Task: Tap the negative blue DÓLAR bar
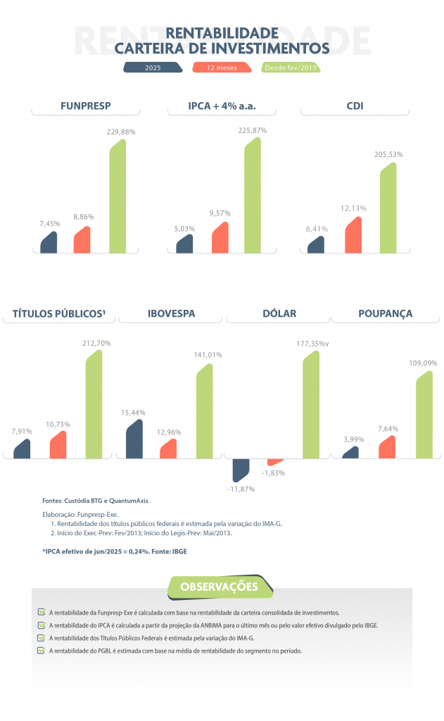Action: [x=241, y=470]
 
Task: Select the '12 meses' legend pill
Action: [x=222, y=68]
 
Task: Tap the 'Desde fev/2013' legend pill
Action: [x=291, y=68]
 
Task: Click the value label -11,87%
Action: [x=241, y=489]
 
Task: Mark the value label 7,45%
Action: [x=49, y=223]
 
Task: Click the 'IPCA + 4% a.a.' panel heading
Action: [x=222, y=107]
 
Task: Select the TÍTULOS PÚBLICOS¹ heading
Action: [x=59, y=314]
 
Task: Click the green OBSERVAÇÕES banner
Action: [x=219, y=587]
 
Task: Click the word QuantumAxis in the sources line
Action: [x=129, y=501]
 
